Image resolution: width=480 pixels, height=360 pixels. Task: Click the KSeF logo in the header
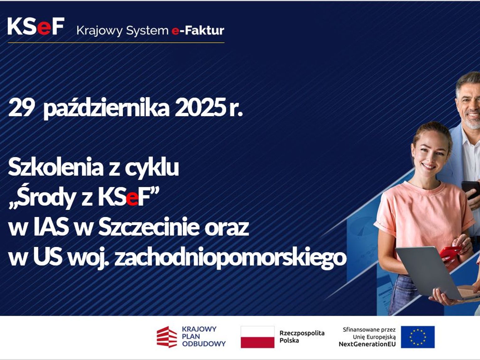[36, 26]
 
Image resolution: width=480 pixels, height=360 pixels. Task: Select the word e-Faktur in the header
[198, 30]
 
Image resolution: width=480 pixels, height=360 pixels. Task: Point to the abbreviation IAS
[50, 227]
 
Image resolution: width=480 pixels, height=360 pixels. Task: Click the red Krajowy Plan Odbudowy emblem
[167, 337]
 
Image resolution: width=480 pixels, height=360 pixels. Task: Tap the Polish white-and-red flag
[257, 337]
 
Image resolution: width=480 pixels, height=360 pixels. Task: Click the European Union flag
[418, 337]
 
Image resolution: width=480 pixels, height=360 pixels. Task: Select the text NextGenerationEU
[367, 344]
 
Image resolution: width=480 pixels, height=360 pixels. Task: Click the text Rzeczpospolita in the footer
[302, 333]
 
